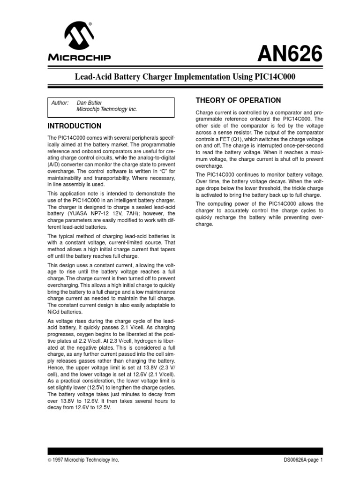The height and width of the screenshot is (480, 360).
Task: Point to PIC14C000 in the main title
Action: pyautogui.click(x=274, y=76)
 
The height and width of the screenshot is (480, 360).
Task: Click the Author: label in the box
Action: pyautogui.click(x=60, y=102)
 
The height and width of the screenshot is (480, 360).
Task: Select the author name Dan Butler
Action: pyautogui.click(x=90, y=102)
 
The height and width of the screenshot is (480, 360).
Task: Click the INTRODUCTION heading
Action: pyautogui.click(x=75, y=126)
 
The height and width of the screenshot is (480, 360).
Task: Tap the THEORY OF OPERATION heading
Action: pyautogui.click(x=238, y=100)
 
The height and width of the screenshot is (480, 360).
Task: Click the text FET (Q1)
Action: pyautogui.click(x=233, y=140)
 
